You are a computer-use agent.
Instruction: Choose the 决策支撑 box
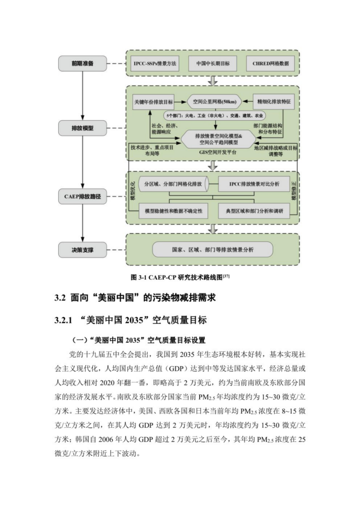pos(82,249)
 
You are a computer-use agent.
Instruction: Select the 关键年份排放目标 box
pos(153,102)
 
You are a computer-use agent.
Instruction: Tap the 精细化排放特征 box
pos(274,102)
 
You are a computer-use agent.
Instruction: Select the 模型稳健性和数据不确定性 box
pos(173,211)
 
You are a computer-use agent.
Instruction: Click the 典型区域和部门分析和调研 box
pos(254,211)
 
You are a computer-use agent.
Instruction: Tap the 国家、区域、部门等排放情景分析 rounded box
pos(212,249)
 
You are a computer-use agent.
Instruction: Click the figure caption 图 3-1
pos(180,277)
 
